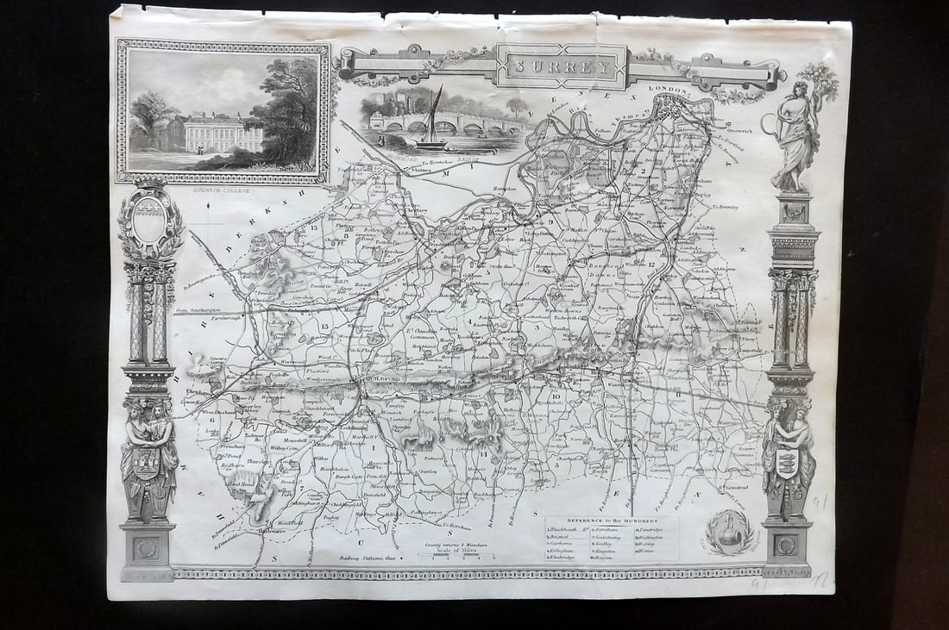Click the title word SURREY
click(562, 66)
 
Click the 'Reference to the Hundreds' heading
click(612, 521)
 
